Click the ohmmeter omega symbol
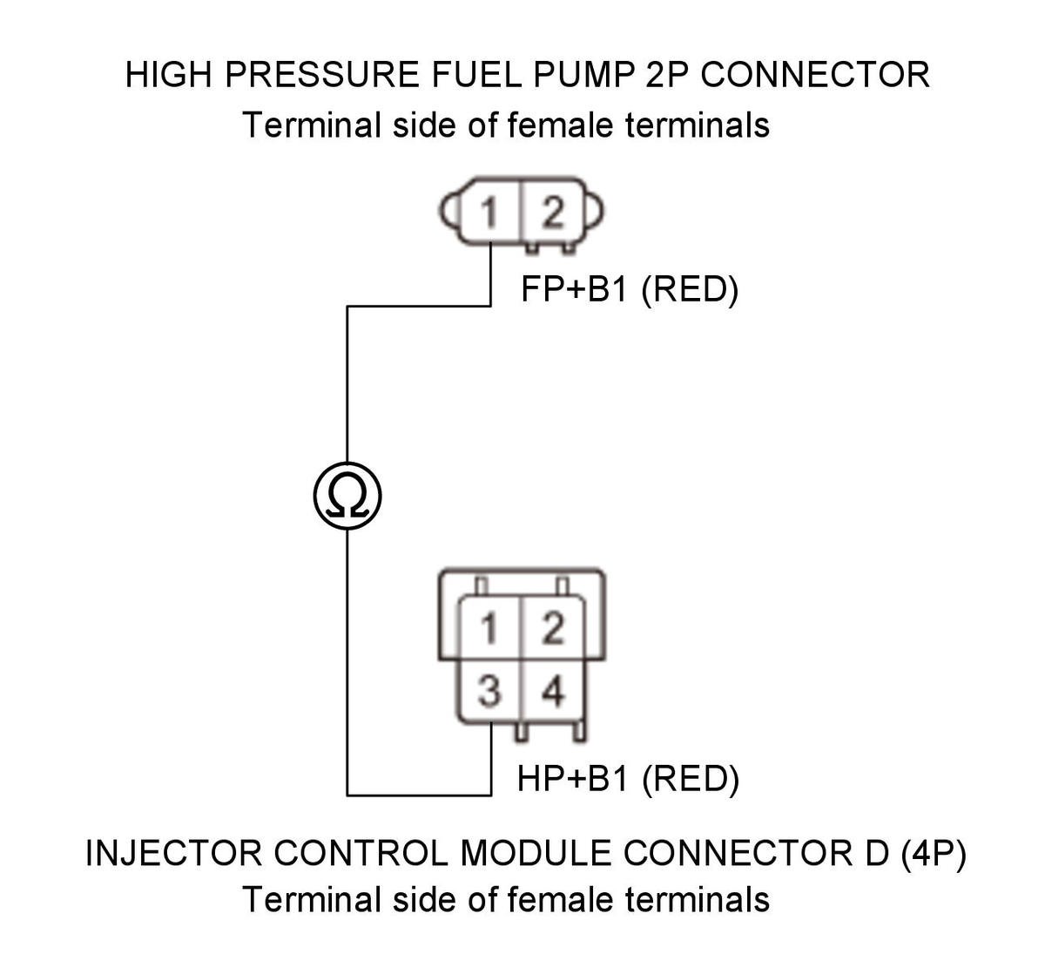(x=347, y=496)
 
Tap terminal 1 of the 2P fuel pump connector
(x=489, y=213)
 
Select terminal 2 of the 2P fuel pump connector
(x=553, y=213)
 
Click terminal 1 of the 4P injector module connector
(x=489, y=629)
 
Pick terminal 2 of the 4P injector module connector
(x=553, y=629)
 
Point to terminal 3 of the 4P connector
(x=489, y=692)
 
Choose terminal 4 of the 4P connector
(x=553, y=692)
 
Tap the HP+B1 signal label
(x=572, y=778)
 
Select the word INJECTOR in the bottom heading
(x=173, y=854)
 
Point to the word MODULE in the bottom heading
(x=536, y=854)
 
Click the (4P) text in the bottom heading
(x=934, y=854)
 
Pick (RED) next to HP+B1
(x=691, y=780)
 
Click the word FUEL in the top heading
(x=476, y=75)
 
